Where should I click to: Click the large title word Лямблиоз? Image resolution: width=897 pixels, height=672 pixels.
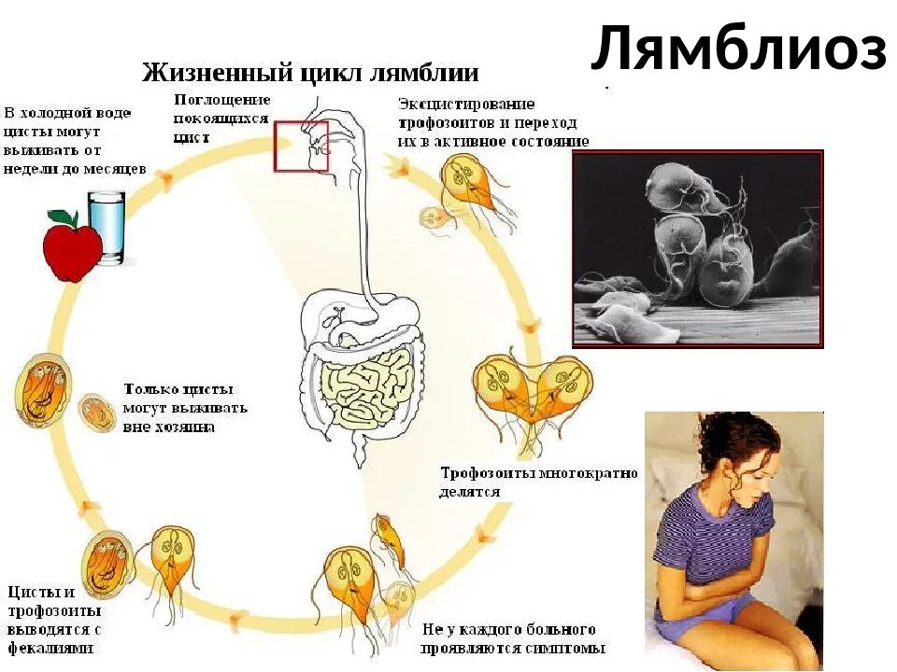point(738,49)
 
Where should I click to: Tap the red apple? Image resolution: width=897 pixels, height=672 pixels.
point(72,248)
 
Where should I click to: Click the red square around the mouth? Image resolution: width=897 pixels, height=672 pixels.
point(301,146)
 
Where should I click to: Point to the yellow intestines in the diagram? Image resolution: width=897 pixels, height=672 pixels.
point(369,386)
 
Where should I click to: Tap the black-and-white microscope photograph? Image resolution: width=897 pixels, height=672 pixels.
point(697,249)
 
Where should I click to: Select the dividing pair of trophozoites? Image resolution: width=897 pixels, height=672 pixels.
point(532,387)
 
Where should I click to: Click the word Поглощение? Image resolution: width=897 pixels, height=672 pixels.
point(222,100)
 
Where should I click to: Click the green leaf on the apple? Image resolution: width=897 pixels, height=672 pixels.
point(63,217)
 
